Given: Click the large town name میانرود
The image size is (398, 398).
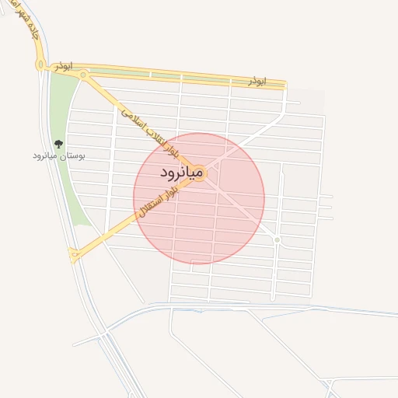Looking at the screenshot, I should (x=180, y=172).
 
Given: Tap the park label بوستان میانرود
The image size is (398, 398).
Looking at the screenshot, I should (x=59, y=155).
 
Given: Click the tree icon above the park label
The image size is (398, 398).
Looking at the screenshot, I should (x=58, y=143).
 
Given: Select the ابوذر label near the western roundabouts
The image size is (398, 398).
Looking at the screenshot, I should (x=64, y=68).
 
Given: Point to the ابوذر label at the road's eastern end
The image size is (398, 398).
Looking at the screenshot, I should (x=257, y=80).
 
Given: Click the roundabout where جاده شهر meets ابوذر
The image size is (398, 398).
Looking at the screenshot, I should (x=40, y=65).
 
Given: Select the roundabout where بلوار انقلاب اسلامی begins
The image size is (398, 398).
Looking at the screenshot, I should (x=83, y=76).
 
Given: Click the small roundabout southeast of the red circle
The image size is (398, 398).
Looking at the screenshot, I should (x=277, y=239).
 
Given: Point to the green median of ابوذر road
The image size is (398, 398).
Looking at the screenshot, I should (x=179, y=75).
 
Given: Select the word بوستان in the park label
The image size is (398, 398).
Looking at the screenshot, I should (x=73, y=155).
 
